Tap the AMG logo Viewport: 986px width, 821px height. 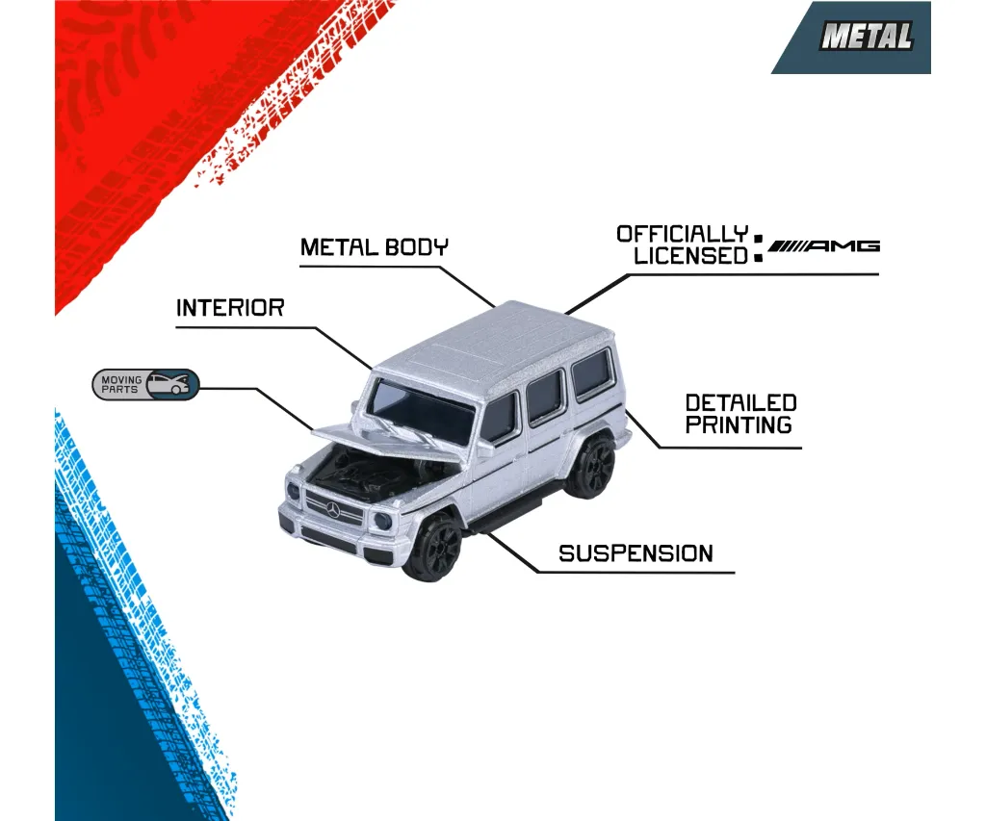pos(824,245)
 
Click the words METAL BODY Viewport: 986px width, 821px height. pos(375,247)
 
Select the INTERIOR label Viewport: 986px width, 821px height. pos(230,308)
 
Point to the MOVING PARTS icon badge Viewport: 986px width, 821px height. pos(146,384)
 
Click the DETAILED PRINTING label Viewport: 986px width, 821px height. pos(740,414)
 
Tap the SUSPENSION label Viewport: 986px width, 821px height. pos(636,553)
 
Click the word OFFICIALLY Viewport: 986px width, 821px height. pos(683,234)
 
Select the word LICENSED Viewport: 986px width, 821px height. pos(690,256)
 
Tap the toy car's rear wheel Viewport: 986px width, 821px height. pos(591,467)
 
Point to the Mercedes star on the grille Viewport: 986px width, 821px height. pos(332,509)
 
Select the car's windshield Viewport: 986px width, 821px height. pos(420,410)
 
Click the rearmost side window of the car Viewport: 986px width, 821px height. pos(591,373)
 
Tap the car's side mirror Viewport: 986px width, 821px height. pos(485,449)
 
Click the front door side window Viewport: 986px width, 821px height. pos(499,418)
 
